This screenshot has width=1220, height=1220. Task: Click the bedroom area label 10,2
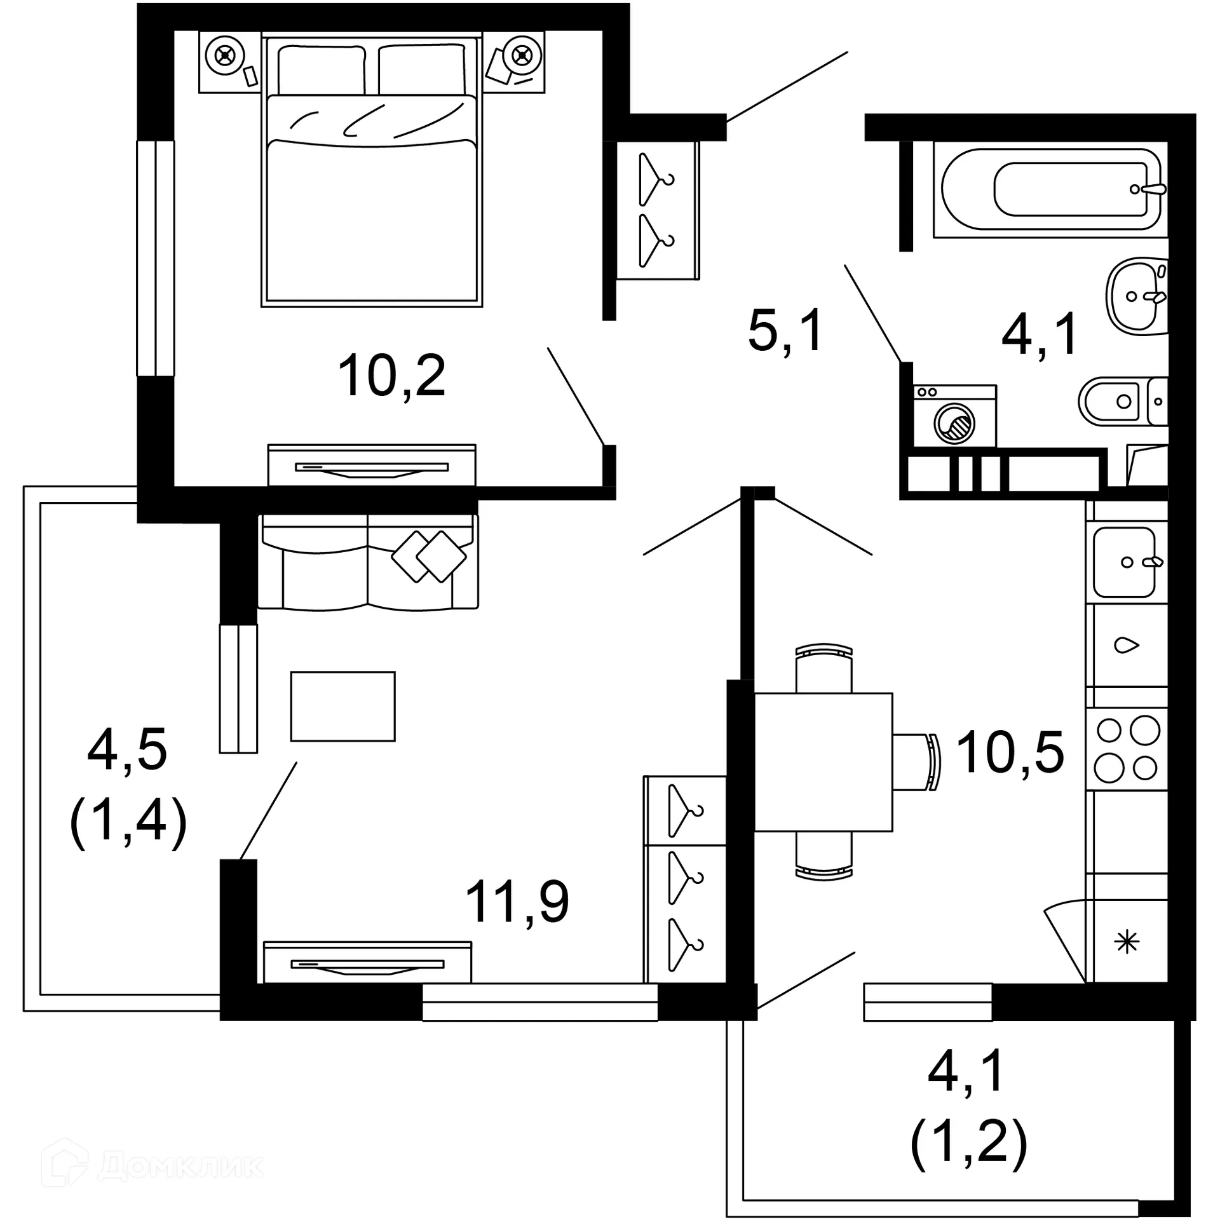391,376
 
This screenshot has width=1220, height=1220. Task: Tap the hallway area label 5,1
785,330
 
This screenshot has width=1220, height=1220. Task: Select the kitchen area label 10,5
1010,753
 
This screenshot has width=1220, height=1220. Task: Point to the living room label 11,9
517,902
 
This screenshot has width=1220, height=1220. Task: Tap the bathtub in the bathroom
1051,189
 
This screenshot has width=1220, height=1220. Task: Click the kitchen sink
1123,562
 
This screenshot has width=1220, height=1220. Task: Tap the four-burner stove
1127,750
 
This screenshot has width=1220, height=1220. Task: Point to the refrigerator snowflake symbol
1127,942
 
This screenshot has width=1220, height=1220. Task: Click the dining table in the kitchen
823,762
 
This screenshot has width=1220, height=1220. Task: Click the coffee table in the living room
342,706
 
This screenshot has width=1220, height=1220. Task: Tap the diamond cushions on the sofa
429,556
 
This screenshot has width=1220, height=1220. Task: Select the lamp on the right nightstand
522,57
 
